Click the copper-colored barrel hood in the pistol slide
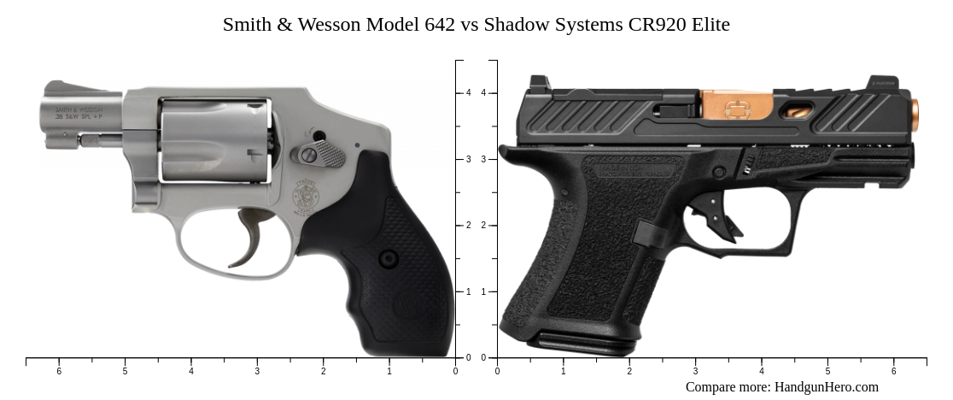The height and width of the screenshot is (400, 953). (736, 105)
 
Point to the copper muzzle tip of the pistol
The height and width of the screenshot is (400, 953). (915, 115)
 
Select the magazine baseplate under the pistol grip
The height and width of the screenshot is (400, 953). (581, 344)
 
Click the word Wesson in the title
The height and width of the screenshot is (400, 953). (329, 25)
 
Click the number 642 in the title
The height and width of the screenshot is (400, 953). (440, 25)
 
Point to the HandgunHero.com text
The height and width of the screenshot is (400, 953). (826, 387)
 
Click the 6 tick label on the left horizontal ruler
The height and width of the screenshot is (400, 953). (59, 371)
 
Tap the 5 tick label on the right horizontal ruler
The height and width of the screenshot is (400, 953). (827, 371)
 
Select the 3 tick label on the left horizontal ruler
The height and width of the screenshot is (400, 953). (257, 371)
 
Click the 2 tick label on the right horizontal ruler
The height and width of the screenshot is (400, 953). (629, 371)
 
